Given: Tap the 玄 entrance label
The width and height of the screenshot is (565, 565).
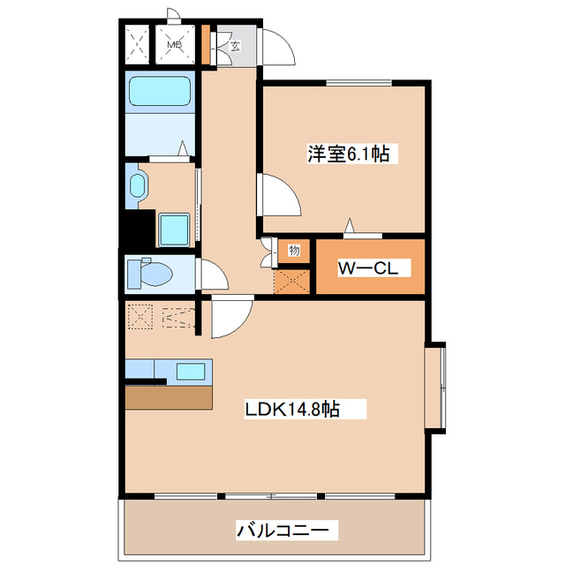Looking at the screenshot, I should click(237, 46).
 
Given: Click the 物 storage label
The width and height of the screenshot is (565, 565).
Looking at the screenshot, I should click(294, 251).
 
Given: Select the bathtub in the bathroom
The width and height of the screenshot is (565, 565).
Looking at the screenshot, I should click(160, 92).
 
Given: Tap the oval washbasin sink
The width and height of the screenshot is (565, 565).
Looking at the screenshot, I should click(137, 186).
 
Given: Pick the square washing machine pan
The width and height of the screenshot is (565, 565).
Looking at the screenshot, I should click(174, 230).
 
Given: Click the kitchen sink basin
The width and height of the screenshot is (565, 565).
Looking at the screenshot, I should click(191, 371).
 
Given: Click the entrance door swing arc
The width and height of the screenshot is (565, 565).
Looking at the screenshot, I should click(278, 46).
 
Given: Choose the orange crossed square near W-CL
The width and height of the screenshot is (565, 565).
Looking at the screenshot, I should click(292, 280).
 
